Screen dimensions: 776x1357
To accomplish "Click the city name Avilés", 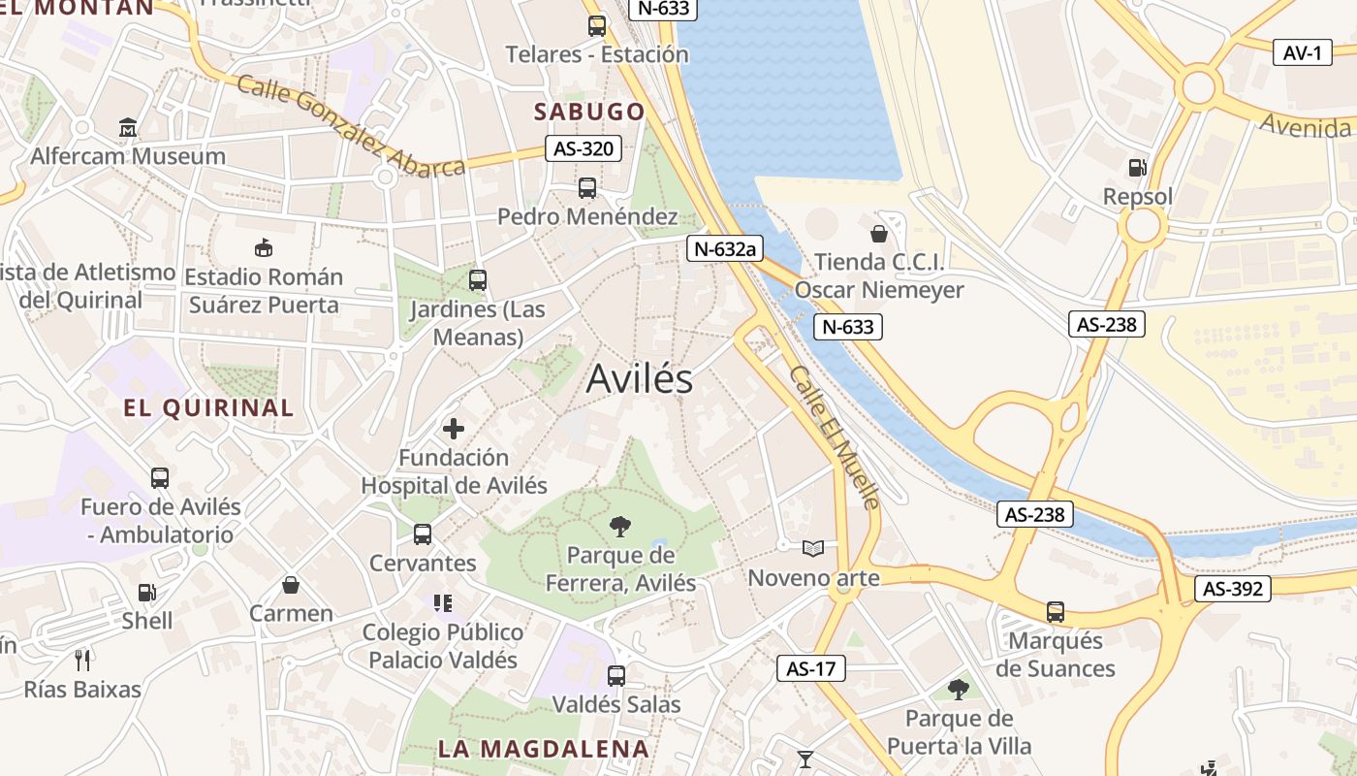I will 640,378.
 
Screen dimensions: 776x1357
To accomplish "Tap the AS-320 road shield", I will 583,148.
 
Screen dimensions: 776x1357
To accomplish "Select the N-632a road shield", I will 725,248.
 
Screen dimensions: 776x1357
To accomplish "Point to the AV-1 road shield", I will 1302,52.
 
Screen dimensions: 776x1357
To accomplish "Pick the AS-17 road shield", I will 810,668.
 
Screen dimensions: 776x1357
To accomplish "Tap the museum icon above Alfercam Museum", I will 128,127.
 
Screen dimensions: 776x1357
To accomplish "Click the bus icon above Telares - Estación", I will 597,26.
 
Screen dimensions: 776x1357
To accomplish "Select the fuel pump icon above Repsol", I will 1138,168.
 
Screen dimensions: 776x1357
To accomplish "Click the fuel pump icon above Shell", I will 147,592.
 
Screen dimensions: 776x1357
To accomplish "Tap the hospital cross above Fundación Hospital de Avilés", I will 454,428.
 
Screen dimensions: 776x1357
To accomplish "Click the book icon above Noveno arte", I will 813,549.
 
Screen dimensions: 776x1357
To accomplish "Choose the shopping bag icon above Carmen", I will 290,585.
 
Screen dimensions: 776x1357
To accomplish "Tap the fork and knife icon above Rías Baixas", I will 82,661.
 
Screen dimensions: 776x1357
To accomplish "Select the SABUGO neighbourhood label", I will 589,112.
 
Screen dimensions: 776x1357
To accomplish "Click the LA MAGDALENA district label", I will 543,749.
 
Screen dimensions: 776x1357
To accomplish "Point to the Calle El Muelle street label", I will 834,436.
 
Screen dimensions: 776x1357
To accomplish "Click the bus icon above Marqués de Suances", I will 1056,612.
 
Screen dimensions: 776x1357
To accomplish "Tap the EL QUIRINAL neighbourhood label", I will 208,407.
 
